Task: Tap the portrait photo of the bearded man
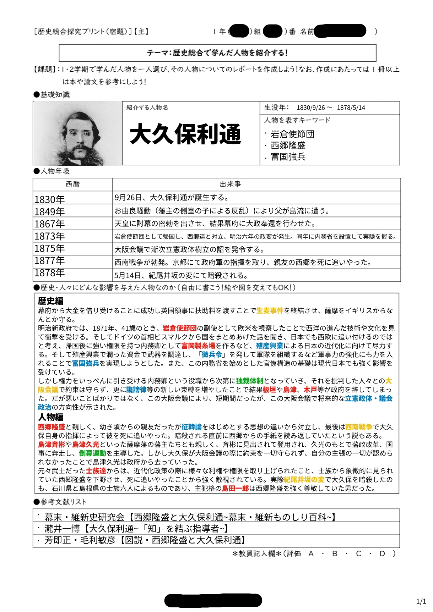click(77, 133)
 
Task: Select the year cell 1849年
click(50, 212)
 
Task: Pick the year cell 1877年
click(50, 261)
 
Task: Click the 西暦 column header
click(73, 184)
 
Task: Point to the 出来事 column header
click(230, 184)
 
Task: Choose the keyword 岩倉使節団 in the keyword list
click(292, 134)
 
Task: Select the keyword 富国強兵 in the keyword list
click(288, 157)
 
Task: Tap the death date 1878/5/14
click(351, 108)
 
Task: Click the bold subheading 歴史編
click(50, 301)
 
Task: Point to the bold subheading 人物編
click(50, 417)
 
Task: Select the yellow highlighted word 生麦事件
click(270, 311)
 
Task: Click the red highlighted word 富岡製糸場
click(198, 346)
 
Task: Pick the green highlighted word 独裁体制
click(249, 381)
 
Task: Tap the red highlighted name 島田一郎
click(235, 489)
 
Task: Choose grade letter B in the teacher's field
click(335, 554)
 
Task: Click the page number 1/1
click(421, 601)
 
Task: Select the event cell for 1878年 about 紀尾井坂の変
click(181, 276)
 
